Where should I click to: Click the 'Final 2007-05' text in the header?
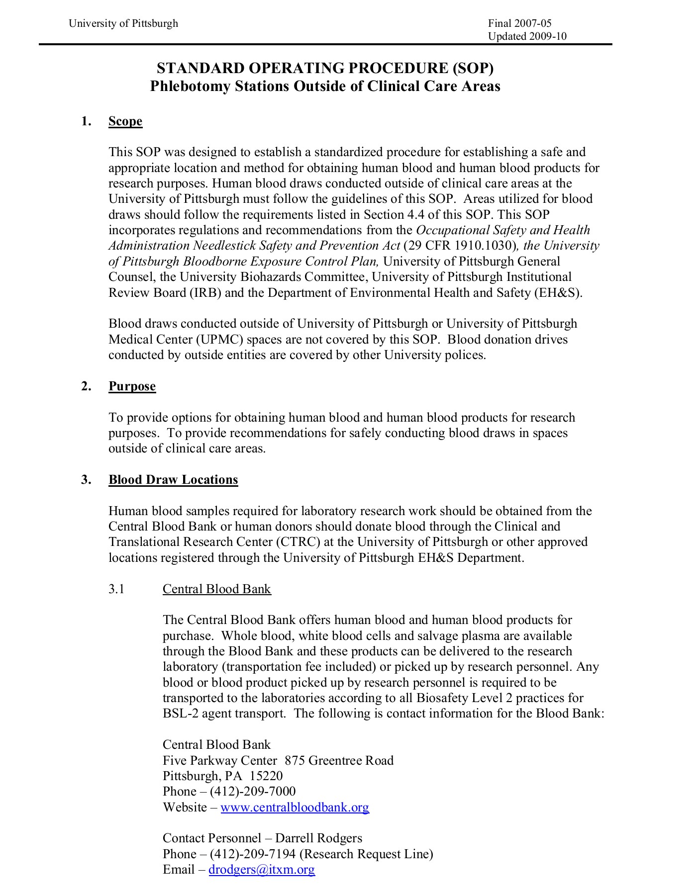[519, 23]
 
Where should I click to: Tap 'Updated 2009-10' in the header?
[527, 36]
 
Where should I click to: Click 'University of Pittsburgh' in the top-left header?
[123, 23]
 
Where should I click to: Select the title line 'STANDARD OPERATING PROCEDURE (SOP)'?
[325, 68]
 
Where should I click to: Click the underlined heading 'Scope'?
[125, 121]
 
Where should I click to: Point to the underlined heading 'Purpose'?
[132, 386]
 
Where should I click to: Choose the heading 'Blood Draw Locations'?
[173, 480]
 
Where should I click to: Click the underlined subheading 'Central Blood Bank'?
[216, 589]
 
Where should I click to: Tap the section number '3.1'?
[116, 589]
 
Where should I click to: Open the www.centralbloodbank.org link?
[295, 807]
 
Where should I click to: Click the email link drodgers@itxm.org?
[262, 870]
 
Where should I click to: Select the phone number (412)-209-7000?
[253, 792]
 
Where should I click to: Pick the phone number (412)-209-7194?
[253, 854]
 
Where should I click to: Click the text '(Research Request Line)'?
[367, 854]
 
